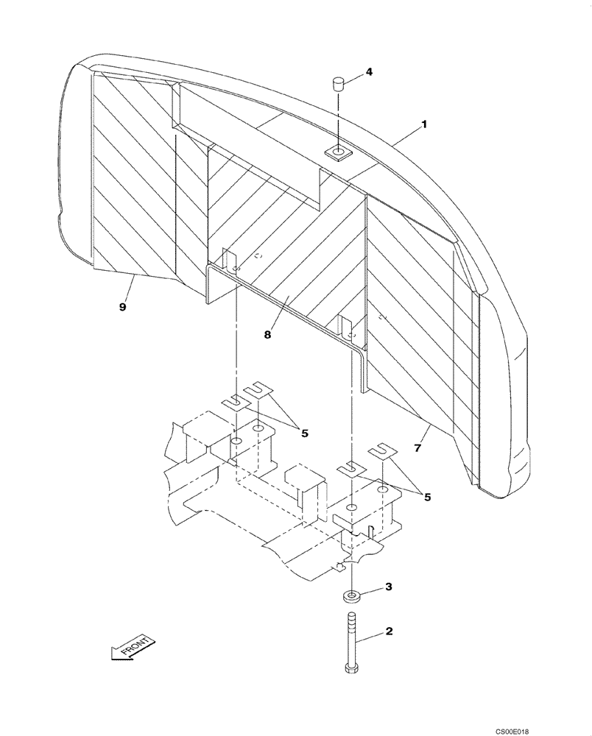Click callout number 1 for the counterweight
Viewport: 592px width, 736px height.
(425, 125)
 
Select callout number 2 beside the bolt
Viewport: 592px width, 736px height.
(389, 631)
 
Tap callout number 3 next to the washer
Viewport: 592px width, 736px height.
(390, 587)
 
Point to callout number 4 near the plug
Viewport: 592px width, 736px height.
(369, 72)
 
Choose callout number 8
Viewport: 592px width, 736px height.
(268, 334)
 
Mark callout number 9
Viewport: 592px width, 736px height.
(123, 307)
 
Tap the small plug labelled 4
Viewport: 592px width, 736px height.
(339, 81)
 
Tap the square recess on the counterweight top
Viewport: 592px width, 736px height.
(339, 153)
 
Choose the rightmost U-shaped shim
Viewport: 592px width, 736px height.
(381, 451)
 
